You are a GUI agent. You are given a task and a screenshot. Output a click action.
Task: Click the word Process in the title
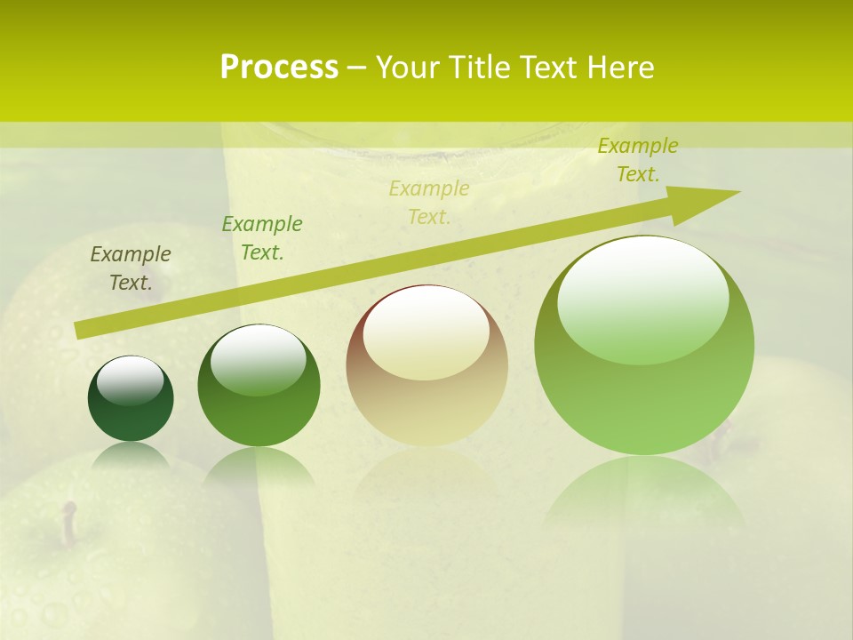coord(279,68)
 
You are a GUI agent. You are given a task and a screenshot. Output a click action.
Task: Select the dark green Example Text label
coord(262,238)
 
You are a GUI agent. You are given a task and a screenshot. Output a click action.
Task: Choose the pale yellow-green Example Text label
coord(429,203)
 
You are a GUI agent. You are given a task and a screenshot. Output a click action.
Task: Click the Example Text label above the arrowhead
coord(638,160)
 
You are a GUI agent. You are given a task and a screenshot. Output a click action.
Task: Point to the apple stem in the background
coord(68,523)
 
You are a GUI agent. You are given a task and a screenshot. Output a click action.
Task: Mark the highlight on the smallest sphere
coord(131,380)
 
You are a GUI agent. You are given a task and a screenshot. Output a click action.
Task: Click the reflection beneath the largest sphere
coord(644,493)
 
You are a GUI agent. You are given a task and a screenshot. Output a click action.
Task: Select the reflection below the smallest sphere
coord(131,455)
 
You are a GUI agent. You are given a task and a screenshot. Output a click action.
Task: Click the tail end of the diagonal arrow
coord(80,330)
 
